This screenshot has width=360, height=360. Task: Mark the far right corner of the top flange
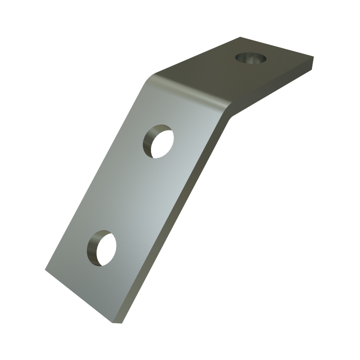point(314,58)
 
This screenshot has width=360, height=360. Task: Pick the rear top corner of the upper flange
point(240,37)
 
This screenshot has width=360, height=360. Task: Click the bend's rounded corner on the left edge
point(150,79)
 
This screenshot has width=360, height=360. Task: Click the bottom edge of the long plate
point(79,296)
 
